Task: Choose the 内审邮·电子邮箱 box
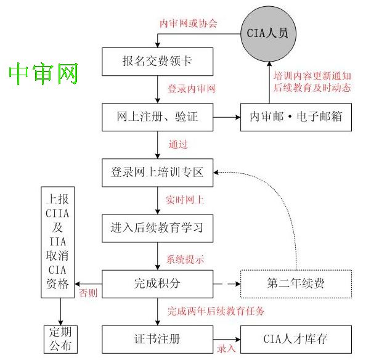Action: [x=296, y=117]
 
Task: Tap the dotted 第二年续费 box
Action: [x=296, y=284]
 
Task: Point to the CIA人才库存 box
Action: [x=296, y=339]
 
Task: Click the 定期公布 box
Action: [x=60, y=338]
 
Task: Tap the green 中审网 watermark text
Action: [x=44, y=74]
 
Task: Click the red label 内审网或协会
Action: [x=189, y=23]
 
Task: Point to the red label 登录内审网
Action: [x=191, y=89]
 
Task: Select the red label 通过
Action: [x=177, y=145]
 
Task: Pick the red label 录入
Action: [x=226, y=349]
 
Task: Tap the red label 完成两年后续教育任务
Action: [x=216, y=311]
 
